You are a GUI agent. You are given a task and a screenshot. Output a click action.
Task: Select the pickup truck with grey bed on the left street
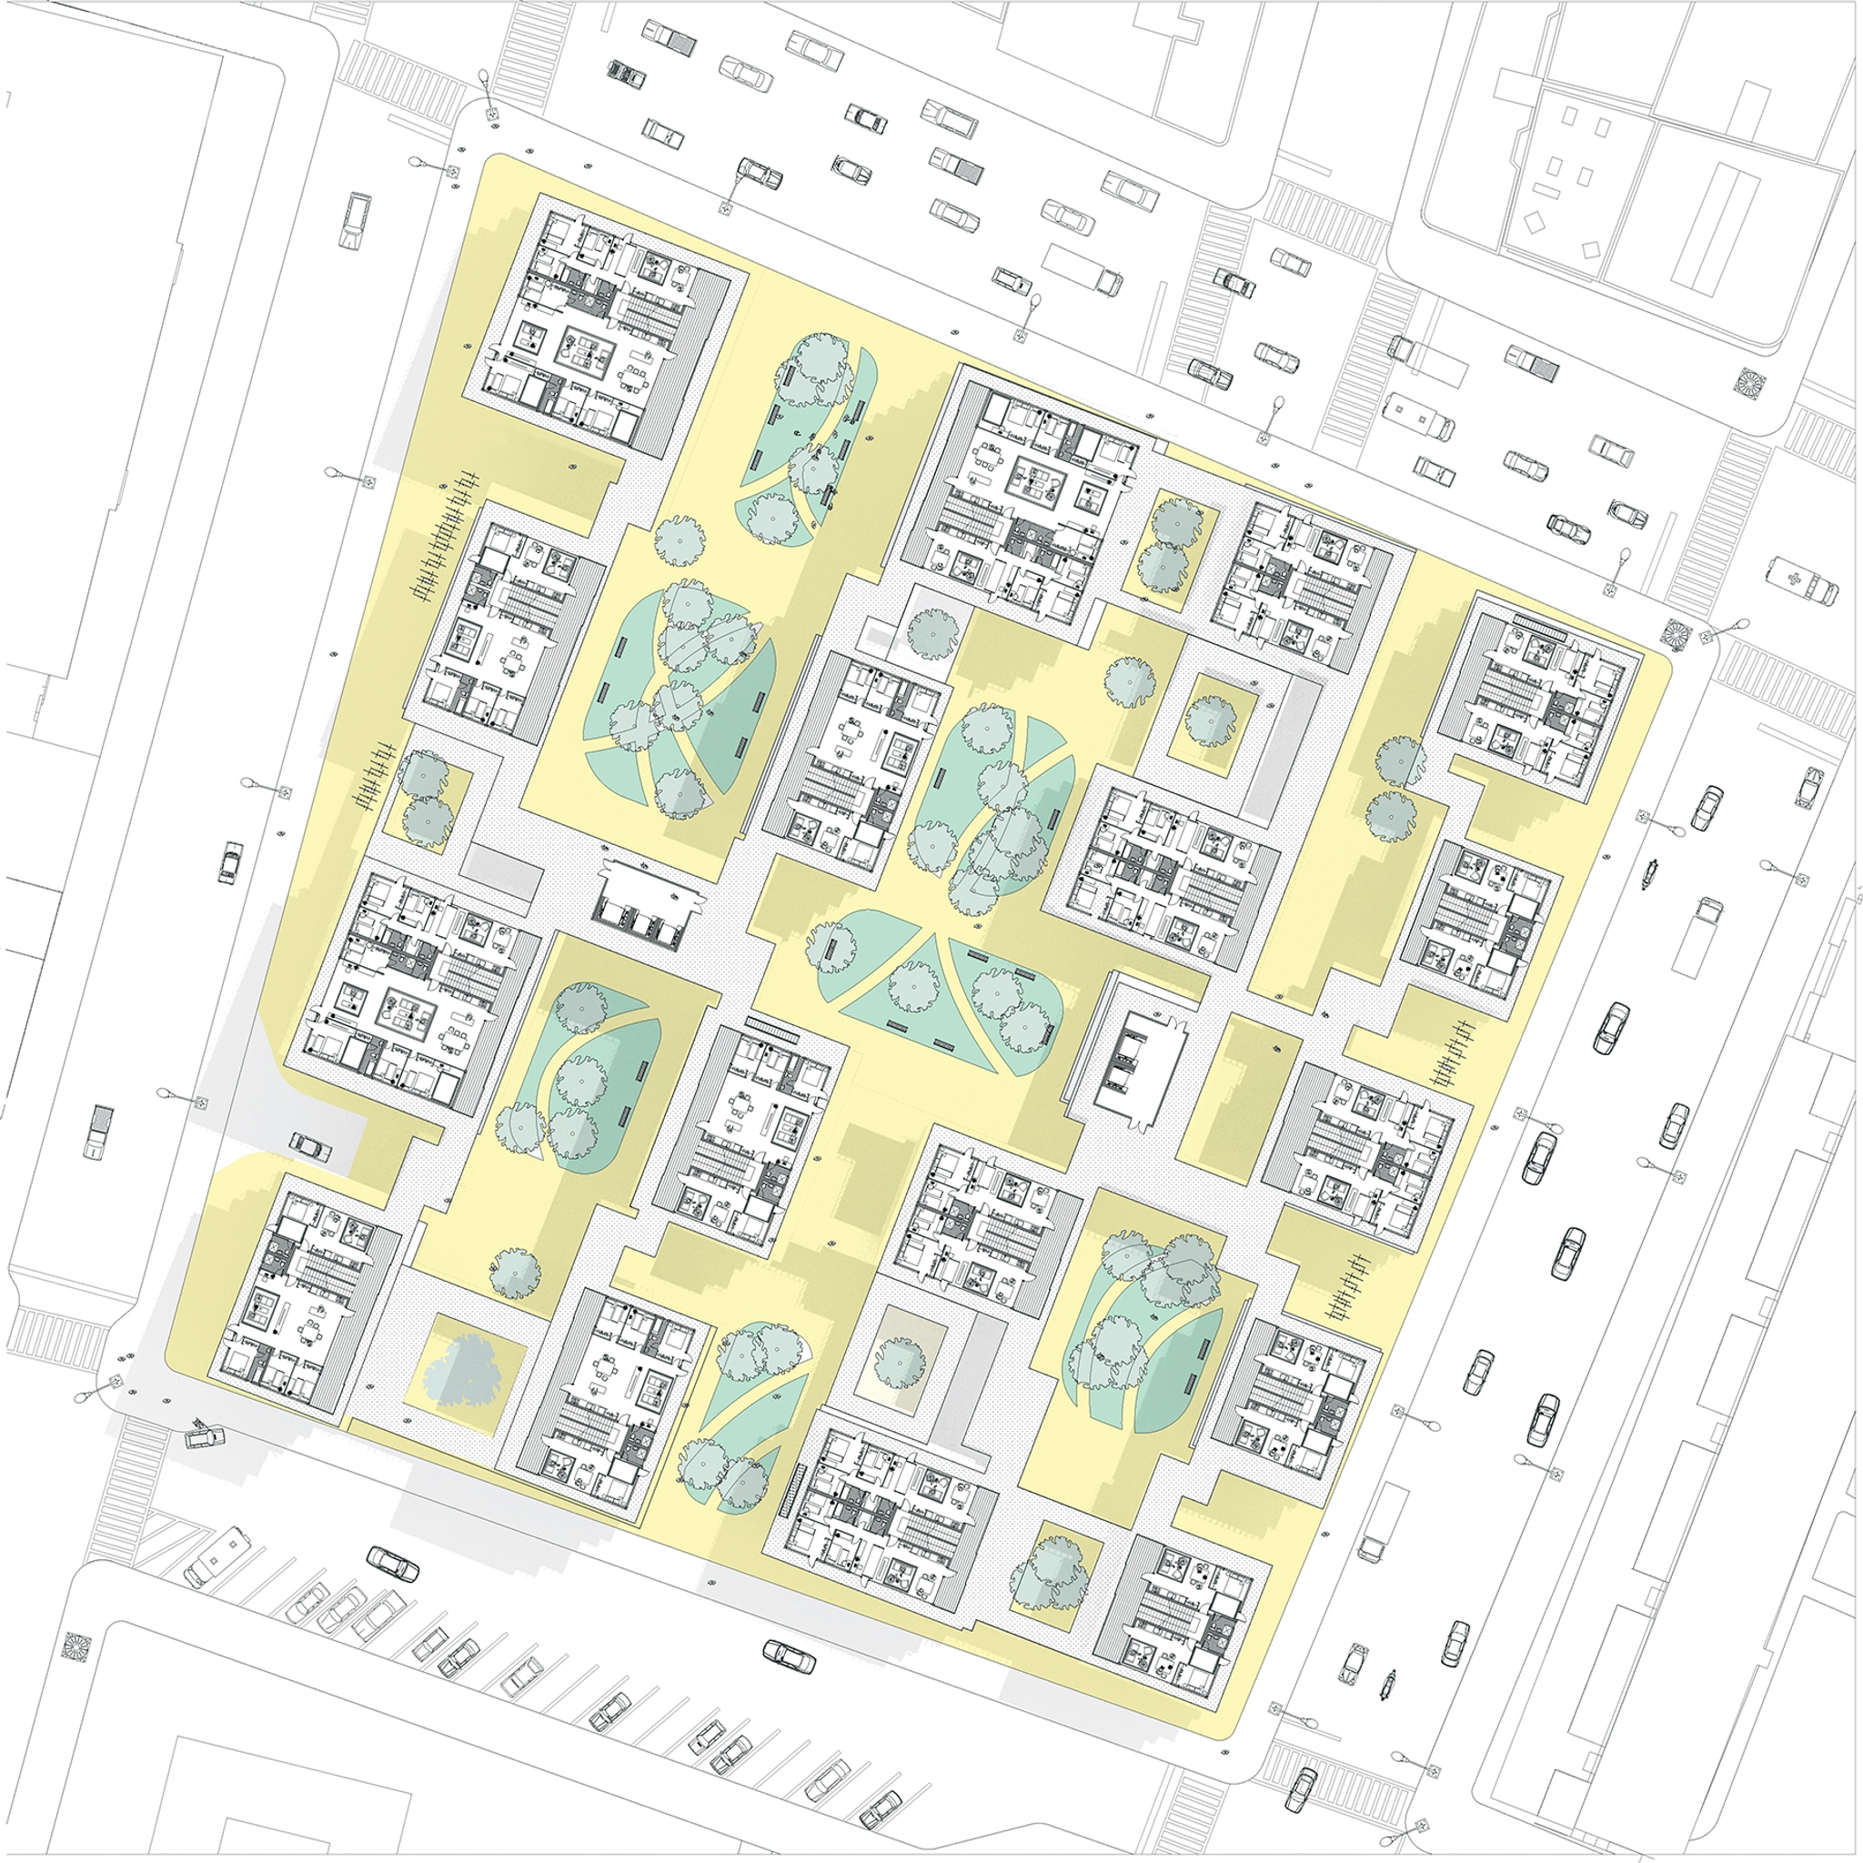(96, 1129)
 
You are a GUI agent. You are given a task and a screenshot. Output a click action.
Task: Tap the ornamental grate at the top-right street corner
(1748, 382)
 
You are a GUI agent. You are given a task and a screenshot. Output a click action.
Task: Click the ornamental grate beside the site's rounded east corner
(1677, 631)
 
